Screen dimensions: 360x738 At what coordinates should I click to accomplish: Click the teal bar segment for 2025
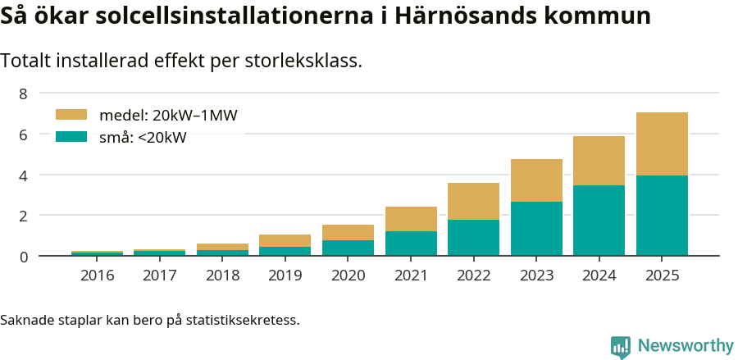click(662, 216)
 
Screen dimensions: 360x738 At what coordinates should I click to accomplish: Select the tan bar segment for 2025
click(662, 144)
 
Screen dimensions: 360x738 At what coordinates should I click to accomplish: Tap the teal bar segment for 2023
click(536, 229)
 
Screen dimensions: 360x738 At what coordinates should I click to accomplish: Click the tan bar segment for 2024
click(599, 161)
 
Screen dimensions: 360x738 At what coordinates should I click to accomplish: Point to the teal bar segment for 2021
click(411, 244)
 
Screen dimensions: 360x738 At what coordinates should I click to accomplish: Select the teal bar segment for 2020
click(348, 248)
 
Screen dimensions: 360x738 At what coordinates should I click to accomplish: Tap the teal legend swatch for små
click(71, 137)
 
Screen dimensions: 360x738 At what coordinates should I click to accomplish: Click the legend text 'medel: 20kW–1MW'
click(168, 116)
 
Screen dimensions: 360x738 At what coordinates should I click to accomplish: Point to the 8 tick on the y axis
click(23, 93)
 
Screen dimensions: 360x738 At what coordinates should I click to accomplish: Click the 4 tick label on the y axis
click(23, 175)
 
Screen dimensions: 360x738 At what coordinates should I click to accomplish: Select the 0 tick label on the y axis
click(23, 257)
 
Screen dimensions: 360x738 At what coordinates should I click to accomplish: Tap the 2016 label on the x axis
click(97, 276)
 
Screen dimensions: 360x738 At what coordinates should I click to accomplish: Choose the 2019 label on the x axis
click(285, 276)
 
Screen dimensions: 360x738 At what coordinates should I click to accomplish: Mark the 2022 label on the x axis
click(473, 276)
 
